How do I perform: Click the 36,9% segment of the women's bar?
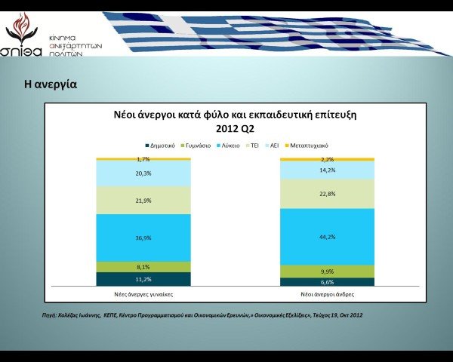(143, 238)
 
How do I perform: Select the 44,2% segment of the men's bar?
(327, 236)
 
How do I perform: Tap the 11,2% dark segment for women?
(143, 279)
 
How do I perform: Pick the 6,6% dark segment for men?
(327, 282)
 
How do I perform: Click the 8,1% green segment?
(143, 266)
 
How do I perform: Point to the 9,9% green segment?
(327, 271)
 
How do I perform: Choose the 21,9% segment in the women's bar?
(143, 200)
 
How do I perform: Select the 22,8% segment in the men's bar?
(327, 193)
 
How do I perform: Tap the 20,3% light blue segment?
(143, 173)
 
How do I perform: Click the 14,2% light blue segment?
(327, 170)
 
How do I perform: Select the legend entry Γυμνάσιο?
(198, 145)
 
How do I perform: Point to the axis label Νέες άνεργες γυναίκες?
(143, 293)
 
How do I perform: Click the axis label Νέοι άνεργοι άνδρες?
(327, 293)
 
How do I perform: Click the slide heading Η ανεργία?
(50, 84)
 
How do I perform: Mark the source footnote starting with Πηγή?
(202, 314)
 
